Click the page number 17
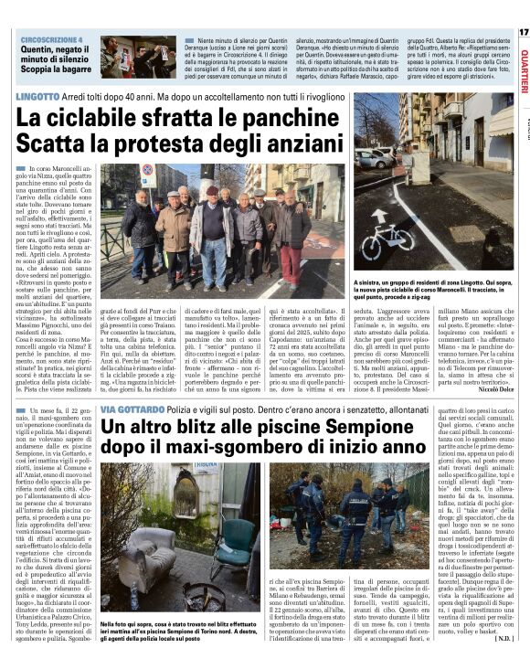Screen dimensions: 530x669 coord(523,32)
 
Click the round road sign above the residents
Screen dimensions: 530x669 coord(148,172)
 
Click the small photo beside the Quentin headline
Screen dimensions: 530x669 coord(138,58)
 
